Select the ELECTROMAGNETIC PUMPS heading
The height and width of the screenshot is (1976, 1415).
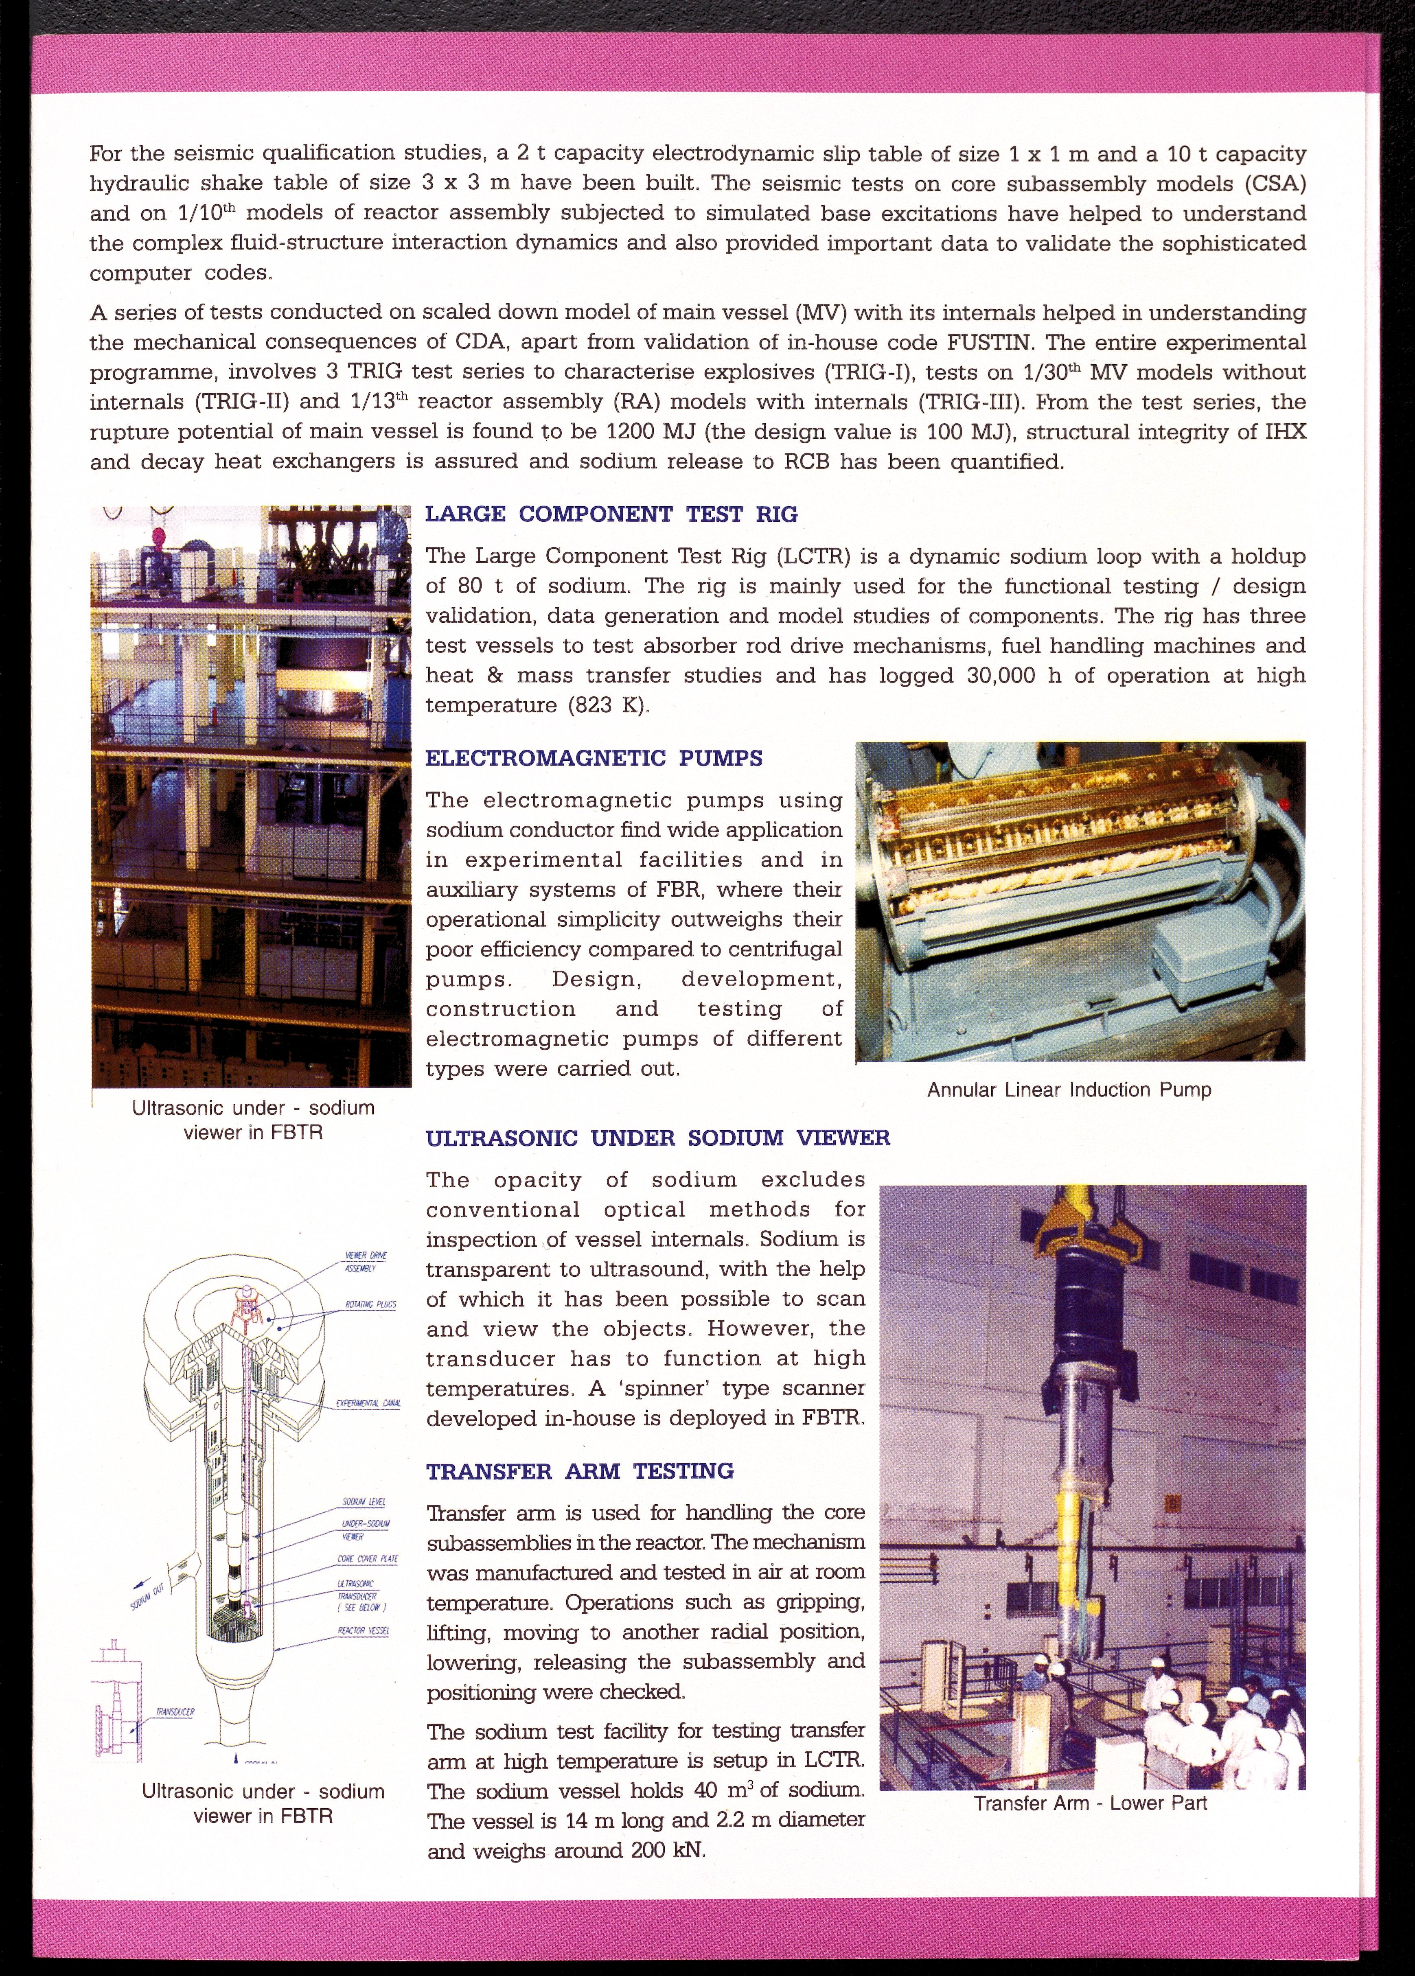tap(594, 758)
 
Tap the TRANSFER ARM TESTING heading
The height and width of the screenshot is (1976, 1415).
tap(580, 1472)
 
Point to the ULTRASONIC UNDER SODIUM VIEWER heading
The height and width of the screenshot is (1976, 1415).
tap(658, 1138)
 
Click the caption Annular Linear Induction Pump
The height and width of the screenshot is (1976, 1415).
tap(1069, 1090)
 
